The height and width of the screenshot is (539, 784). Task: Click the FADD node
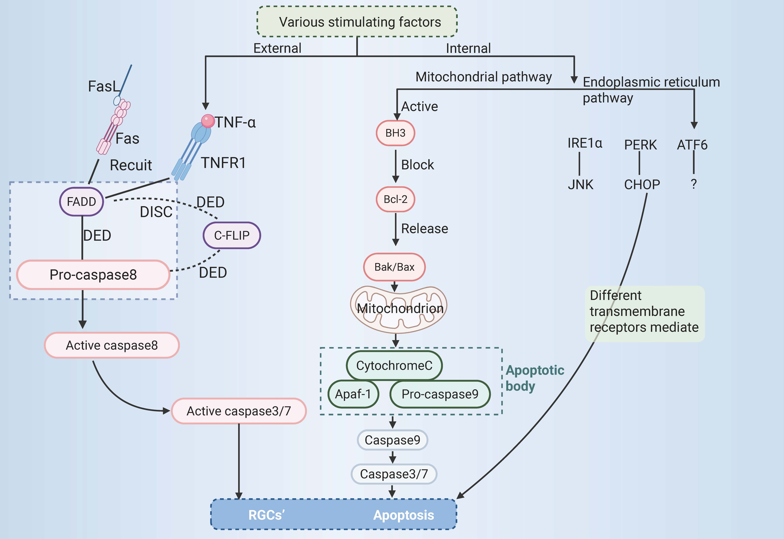(x=81, y=202)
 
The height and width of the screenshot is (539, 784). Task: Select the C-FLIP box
(x=232, y=235)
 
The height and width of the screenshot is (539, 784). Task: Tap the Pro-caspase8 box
(x=93, y=275)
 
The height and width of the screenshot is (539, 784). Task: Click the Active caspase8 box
(x=112, y=345)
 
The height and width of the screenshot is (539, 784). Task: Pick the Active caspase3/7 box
(x=239, y=411)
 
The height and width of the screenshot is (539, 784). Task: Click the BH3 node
(x=396, y=133)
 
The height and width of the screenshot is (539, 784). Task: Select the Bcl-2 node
(x=396, y=199)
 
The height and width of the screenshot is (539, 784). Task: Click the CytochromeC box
(x=394, y=365)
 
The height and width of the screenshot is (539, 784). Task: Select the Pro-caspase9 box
(x=440, y=394)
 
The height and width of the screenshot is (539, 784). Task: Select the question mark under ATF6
(x=694, y=184)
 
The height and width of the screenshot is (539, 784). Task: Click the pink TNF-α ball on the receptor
(x=208, y=121)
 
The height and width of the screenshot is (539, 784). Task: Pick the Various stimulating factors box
(x=357, y=22)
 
